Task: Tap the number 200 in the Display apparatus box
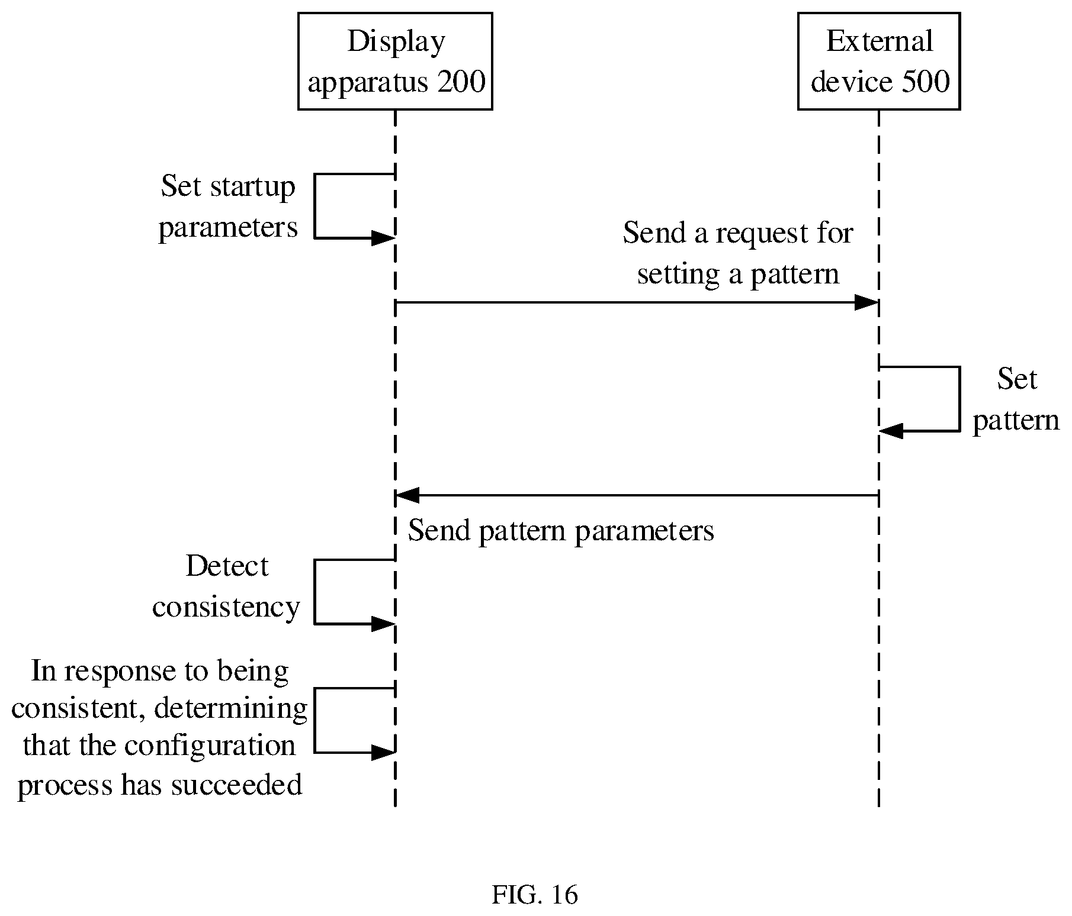coord(461,82)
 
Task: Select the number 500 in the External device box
coord(926,82)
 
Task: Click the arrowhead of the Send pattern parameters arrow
coord(407,495)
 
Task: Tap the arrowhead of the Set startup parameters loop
coord(383,238)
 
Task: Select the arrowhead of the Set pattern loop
coord(891,431)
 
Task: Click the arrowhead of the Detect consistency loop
coord(383,624)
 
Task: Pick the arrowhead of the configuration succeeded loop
coord(383,753)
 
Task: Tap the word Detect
coord(227,566)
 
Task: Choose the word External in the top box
coord(879,41)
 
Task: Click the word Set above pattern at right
coord(1016,379)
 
